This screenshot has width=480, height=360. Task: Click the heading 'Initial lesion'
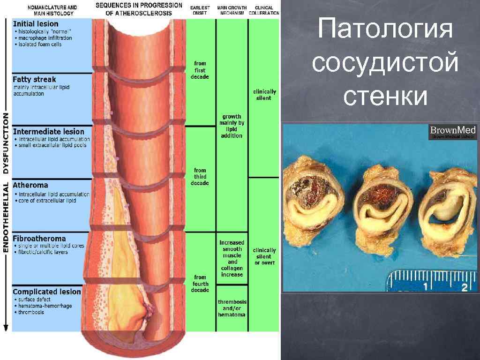coord(36,24)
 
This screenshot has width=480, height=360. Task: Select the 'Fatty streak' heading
coord(34,80)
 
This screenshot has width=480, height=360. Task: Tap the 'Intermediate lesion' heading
coord(49,132)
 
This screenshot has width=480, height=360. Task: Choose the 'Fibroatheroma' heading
coord(39,239)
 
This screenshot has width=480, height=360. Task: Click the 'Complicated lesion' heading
coord(47,292)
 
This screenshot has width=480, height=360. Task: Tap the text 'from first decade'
coord(200,70)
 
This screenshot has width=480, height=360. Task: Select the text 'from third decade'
coord(200,177)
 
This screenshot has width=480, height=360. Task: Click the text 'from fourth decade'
coord(200,284)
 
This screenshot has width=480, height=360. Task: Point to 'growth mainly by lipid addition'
coord(232,126)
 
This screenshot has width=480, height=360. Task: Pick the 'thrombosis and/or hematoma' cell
coord(232,308)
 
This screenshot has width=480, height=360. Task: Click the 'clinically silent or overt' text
coord(264,256)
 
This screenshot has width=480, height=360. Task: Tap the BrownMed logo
coord(453,132)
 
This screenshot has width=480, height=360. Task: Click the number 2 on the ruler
coord(463,286)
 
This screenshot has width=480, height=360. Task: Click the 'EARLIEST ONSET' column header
coord(200,10)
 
